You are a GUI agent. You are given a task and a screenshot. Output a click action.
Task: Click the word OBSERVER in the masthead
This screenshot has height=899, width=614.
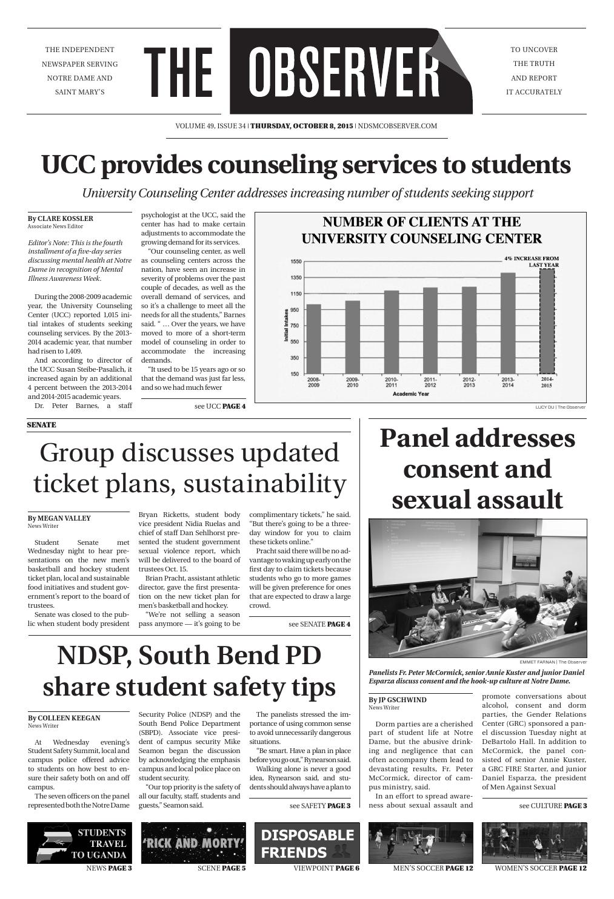344,71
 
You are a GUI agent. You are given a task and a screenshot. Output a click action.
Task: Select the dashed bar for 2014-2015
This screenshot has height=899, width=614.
547,321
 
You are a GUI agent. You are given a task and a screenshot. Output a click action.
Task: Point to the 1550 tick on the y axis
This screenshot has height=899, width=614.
295,262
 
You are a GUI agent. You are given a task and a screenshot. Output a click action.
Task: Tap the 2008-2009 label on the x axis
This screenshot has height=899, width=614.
313,382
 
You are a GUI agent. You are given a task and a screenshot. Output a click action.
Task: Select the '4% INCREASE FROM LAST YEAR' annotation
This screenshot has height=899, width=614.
532,262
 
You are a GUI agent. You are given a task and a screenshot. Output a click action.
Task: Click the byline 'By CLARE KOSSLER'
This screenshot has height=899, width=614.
61,219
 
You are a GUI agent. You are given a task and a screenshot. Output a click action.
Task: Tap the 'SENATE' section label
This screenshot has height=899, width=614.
41,425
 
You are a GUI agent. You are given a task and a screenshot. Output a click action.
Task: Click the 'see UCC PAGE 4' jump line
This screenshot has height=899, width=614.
219,406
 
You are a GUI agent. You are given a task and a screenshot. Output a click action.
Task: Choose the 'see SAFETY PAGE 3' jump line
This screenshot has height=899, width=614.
320,806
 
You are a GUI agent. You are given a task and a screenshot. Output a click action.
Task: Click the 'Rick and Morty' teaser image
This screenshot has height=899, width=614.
193,843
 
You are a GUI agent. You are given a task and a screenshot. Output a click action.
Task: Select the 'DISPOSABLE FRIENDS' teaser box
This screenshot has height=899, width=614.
307,843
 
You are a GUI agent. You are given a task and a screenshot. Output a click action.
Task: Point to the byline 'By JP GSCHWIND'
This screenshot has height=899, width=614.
398,700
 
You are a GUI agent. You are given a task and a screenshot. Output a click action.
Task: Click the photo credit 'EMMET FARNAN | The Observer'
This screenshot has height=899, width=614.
553,662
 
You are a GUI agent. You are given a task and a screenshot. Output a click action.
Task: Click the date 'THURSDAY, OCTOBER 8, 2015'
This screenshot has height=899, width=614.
301,126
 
